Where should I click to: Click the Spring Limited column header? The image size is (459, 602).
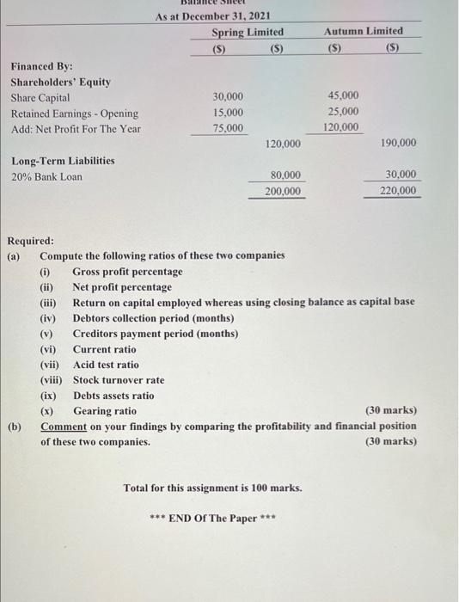coord(248,32)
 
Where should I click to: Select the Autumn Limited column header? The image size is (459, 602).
coord(363,31)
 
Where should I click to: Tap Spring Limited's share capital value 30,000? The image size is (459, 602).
coord(228,96)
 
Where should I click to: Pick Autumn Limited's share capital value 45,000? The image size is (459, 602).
coord(344,95)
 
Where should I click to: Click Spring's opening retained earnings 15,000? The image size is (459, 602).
coord(228,113)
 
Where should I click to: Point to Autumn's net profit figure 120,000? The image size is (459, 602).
coord(341,127)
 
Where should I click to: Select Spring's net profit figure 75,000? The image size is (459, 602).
coord(228,128)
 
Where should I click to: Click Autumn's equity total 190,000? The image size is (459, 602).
coord(398,143)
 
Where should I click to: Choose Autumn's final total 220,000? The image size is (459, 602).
coord(398,190)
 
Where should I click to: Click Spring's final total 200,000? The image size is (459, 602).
coord(283,191)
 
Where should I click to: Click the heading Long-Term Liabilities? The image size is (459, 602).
coord(63,161)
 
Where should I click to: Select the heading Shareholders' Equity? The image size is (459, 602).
coord(60,82)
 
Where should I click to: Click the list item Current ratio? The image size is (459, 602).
coord(104,349)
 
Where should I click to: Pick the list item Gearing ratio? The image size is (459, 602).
coord(104,411)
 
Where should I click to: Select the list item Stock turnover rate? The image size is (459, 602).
coord(119,380)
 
